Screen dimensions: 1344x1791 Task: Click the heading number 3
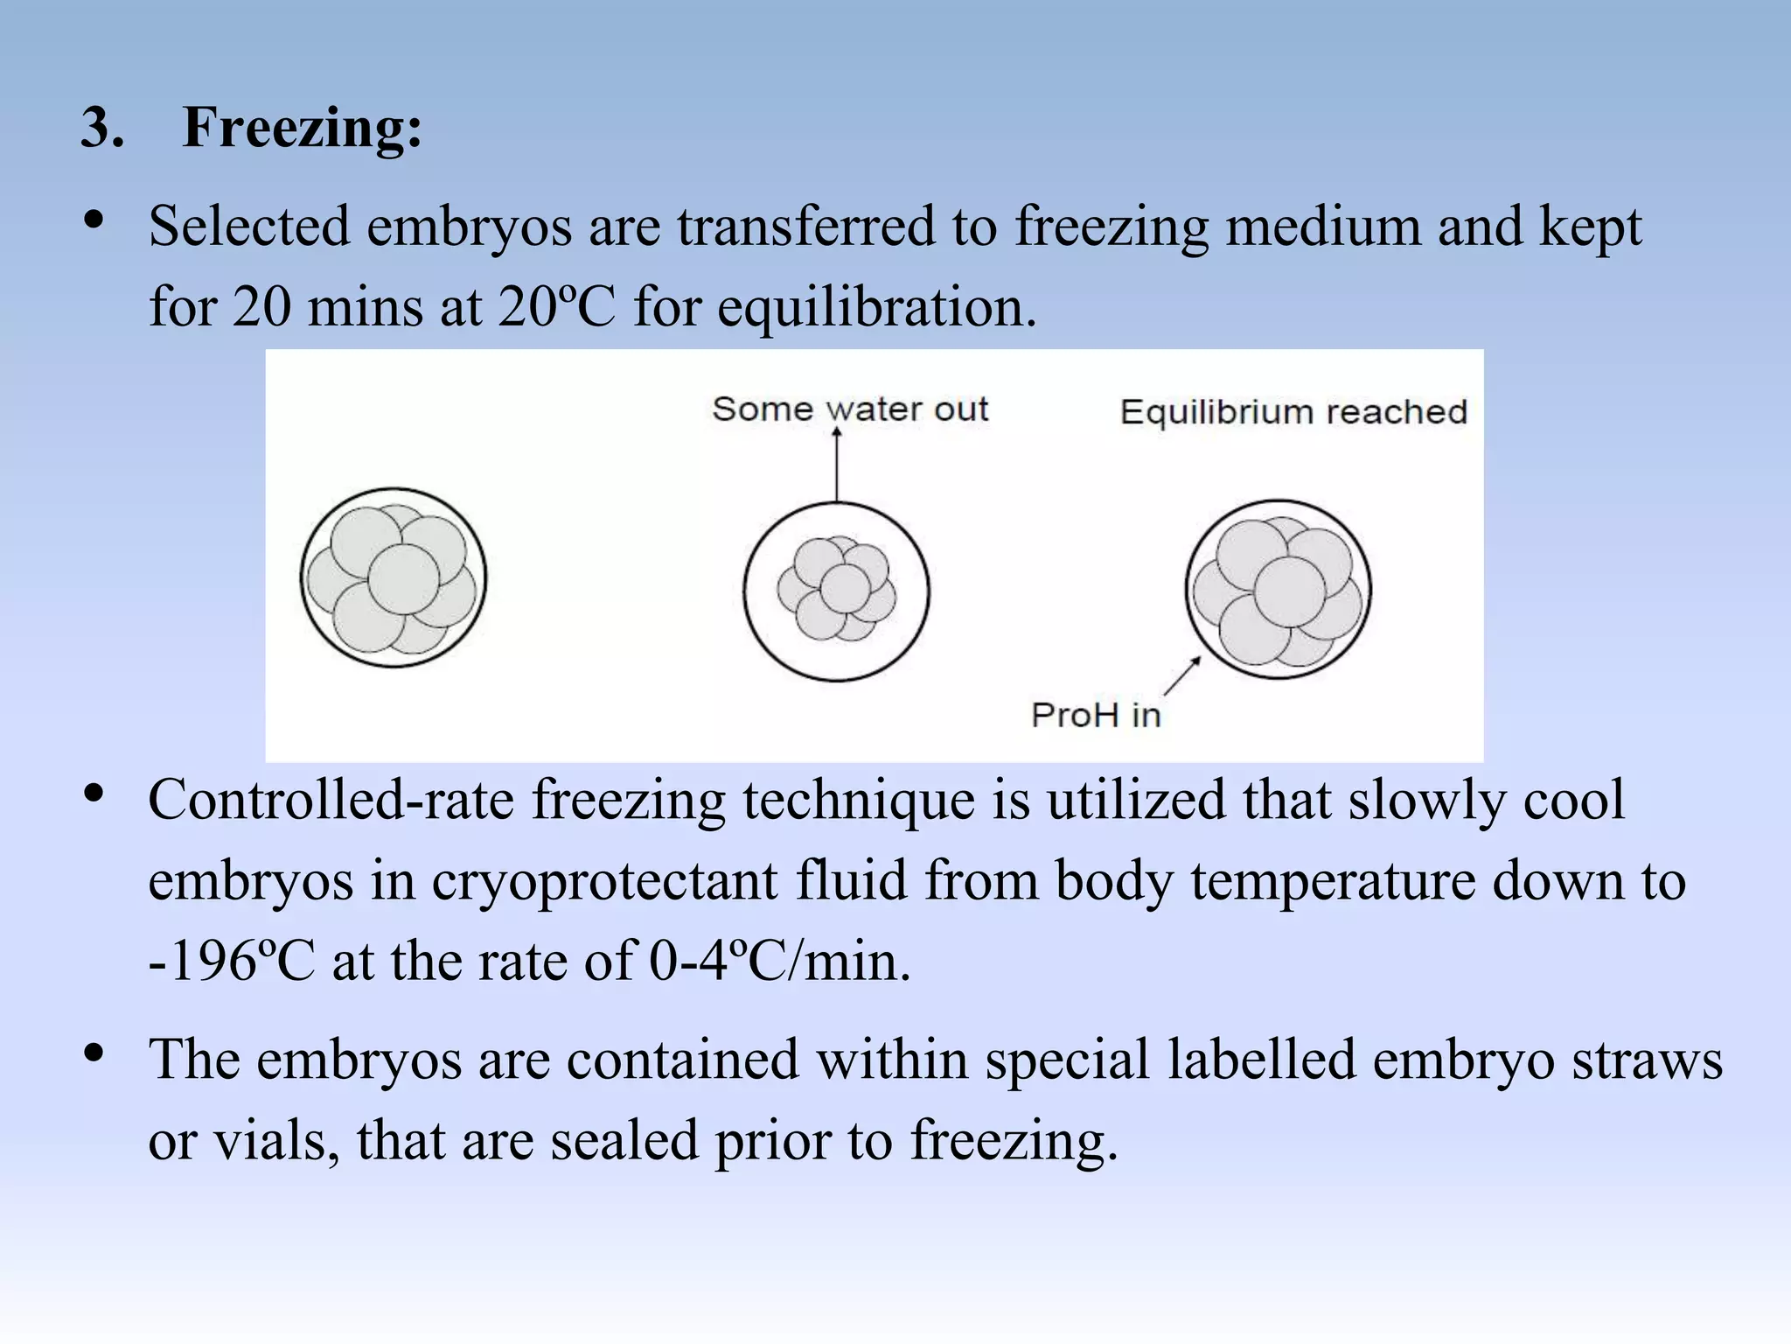[101, 128]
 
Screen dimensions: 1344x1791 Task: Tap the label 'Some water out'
[849, 409]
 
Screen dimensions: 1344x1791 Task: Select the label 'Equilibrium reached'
[1293, 412]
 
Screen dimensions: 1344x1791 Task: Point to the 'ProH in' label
[1095, 716]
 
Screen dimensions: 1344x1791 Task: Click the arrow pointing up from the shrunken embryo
[837, 464]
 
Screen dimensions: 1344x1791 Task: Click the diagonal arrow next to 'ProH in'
[1182, 676]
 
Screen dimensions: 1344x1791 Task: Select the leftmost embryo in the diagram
[394, 578]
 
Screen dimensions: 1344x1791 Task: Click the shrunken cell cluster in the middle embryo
[837, 588]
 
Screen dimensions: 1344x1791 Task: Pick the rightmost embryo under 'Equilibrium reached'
[1278, 590]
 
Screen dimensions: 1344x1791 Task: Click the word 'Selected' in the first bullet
[248, 227]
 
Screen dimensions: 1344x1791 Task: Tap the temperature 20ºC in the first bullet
[556, 308]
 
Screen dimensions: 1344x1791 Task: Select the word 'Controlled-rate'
[331, 801]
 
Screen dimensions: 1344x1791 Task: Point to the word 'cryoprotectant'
[604, 881]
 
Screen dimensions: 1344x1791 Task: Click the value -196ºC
[231, 962]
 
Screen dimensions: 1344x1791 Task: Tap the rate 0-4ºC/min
[779, 962]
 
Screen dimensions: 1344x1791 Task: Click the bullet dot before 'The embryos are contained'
[94, 1053]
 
